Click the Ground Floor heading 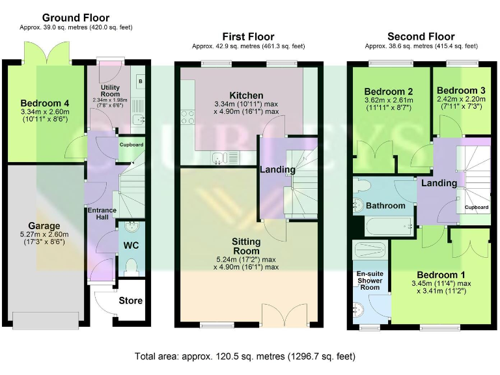pos(76,18)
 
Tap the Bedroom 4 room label pos(45,104)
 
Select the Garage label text pos(44,226)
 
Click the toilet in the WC pos(131,267)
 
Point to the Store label pos(130,300)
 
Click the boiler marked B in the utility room pos(141,81)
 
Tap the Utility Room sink pos(138,120)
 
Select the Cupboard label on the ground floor pos(132,145)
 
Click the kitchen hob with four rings pos(187,117)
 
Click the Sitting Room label pos(246,246)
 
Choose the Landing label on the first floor pos(277,169)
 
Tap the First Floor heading pos(249,36)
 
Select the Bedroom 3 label pos(461,90)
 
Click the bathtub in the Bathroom pos(389,226)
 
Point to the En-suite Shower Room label pos(370,281)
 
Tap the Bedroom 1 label pos(441,275)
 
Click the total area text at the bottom pos(245,356)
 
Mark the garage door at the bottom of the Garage pos(46,320)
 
